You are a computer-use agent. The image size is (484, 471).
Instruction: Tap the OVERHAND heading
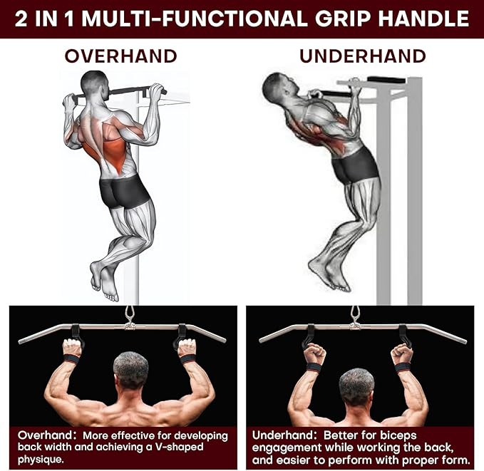click(121, 56)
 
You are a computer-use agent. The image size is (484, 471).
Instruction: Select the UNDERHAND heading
click(362, 56)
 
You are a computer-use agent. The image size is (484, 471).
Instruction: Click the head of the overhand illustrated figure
click(93, 83)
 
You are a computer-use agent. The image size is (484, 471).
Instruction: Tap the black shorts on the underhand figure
click(354, 165)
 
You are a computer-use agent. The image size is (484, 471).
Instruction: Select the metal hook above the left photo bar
click(129, 314)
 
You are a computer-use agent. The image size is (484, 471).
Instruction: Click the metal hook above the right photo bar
click(355, 314)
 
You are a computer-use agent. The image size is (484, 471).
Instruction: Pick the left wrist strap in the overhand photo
click(71, 358)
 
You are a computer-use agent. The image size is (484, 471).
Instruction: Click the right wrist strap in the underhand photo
click(403, 367)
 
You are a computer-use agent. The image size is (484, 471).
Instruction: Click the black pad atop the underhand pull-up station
click(386, 80)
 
